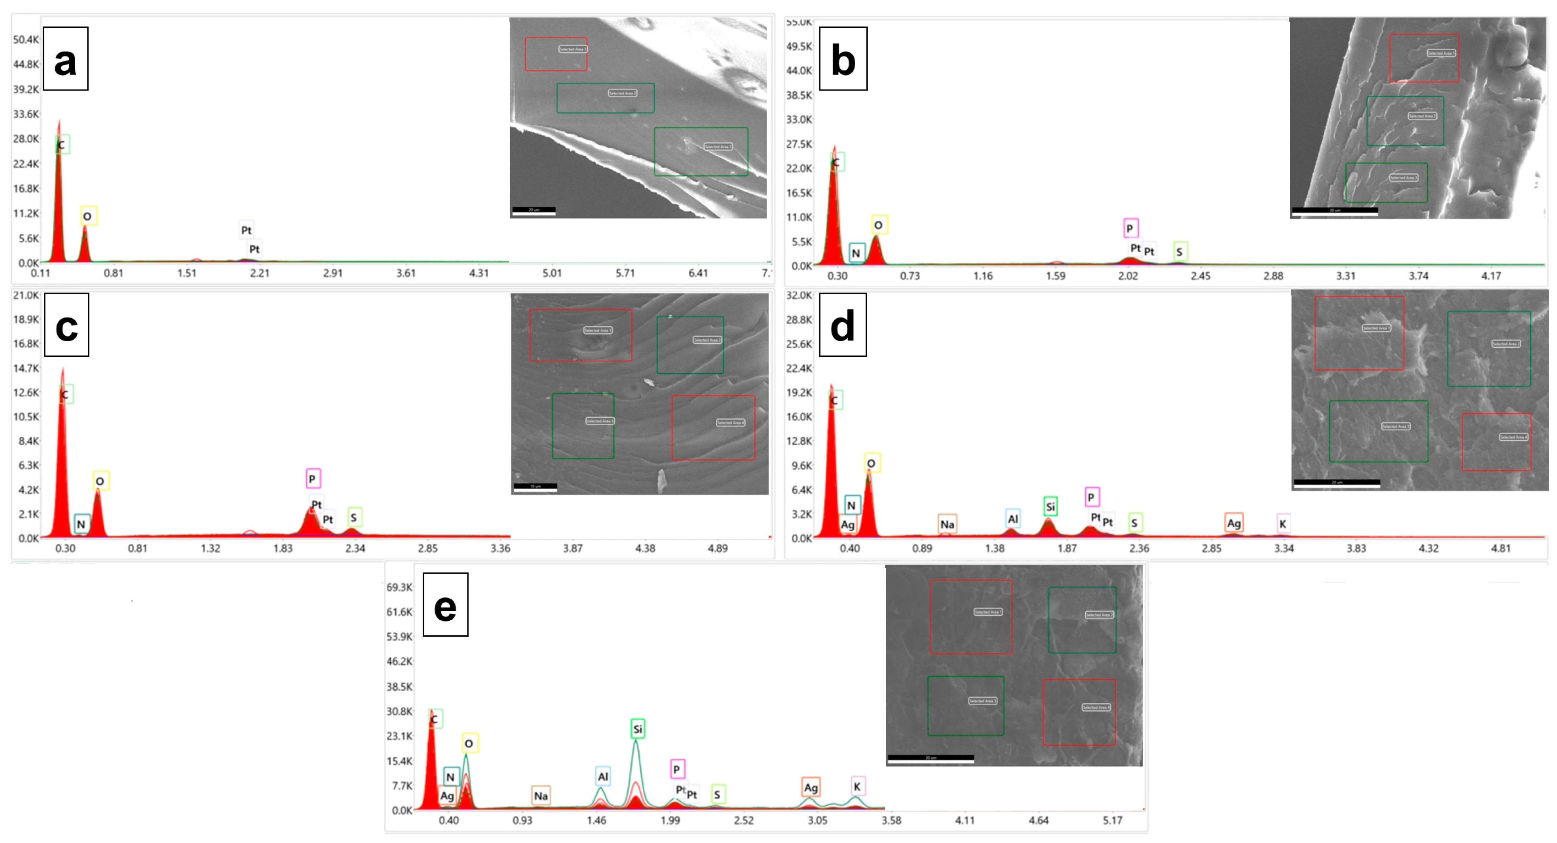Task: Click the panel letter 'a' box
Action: [x=65, y=59]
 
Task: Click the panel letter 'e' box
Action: [x=445, y=604]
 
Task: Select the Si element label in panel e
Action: [x=637, y=729]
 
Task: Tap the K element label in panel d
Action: [x=1282, y=523]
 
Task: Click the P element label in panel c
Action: [x=313, y=479]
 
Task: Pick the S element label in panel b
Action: [x=1179, y=251]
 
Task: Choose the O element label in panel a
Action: [x=88, y=216]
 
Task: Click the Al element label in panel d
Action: [x=1013, y=518]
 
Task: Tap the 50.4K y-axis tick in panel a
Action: [x=25, y=40]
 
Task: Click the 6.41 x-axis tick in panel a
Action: [x=698, y=273]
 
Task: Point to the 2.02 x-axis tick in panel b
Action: [x=1128, y=276]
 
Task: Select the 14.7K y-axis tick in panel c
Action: [x=25, y=368]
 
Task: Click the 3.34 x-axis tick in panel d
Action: [x=1284, y=549]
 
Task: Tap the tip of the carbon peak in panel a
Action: [x=59, y=121]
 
